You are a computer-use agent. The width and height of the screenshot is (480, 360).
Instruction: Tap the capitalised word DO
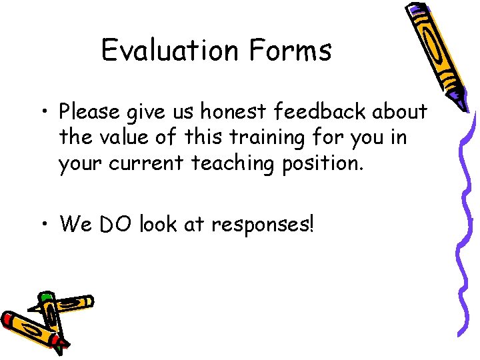115,224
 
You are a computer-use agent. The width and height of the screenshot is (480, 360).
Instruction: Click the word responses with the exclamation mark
261,225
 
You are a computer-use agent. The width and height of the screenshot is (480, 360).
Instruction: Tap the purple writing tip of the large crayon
458,100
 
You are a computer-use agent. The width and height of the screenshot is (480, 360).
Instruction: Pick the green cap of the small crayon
45,297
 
